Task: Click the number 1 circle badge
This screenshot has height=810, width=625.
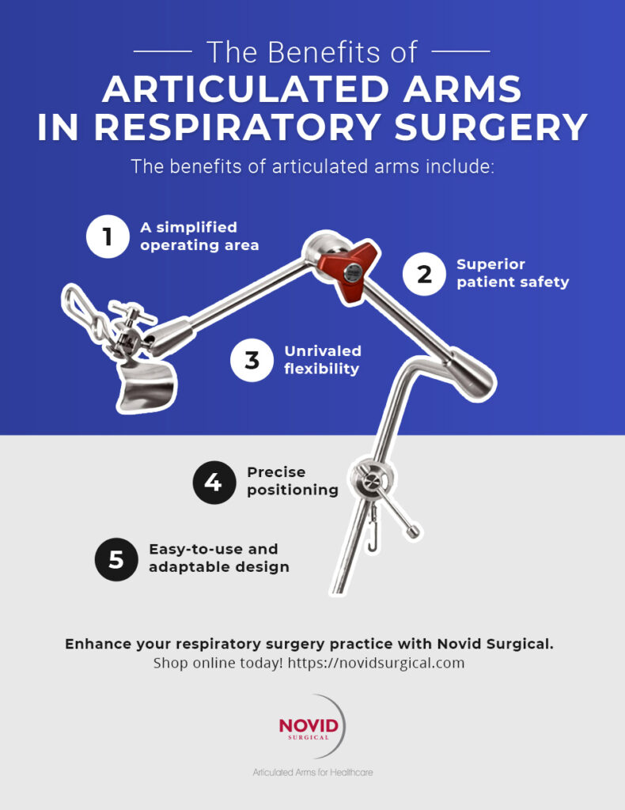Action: [107, 236]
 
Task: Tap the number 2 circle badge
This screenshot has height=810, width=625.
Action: [424, 274]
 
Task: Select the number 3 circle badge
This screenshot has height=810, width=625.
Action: [252, 360]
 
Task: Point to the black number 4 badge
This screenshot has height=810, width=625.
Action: [214, 482]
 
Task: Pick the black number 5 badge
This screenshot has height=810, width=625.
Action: [116, 559]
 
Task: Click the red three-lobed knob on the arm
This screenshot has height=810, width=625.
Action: [347, 271]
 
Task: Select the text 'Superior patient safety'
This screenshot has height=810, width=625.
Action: [512, 273]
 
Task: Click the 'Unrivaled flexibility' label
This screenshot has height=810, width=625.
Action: [322, 359]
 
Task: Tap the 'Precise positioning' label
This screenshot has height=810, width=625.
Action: [292, 481]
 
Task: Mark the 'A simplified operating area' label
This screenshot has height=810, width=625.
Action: [199, 236]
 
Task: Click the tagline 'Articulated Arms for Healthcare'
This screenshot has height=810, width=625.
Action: [312, 772]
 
